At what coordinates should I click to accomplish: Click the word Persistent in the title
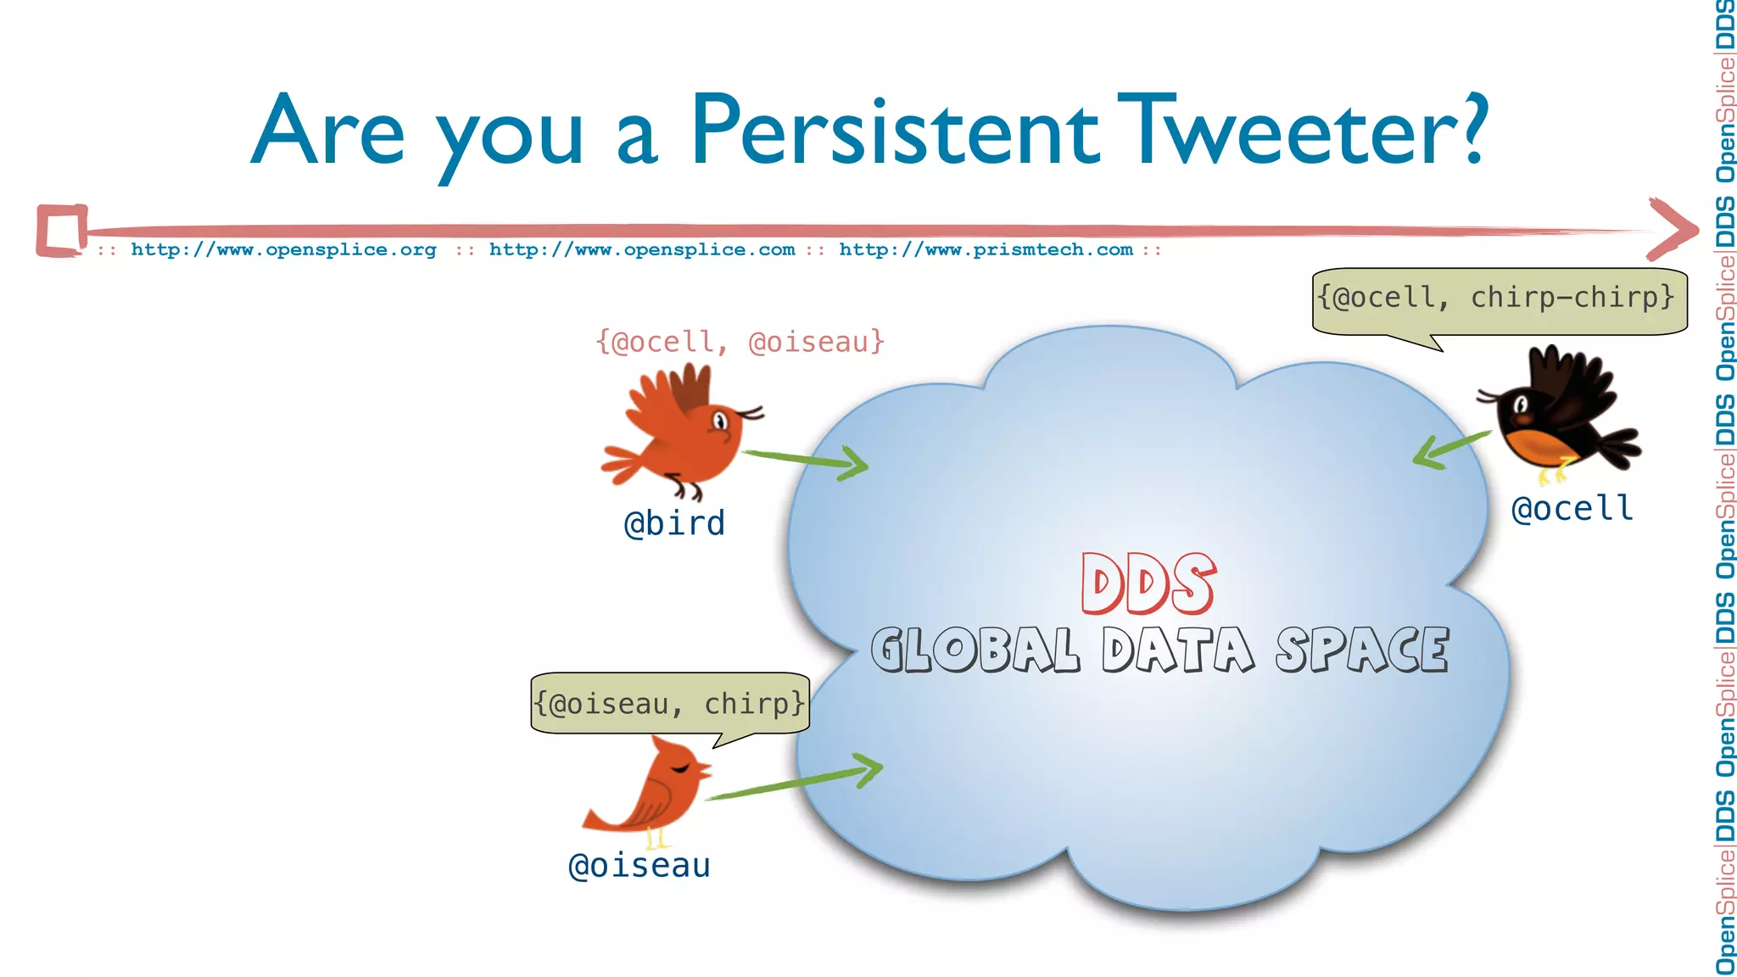(895, 131)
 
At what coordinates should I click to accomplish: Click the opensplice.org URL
(283, 249)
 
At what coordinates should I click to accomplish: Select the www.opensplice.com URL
(642, 249)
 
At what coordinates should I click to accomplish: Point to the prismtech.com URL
(986, 249)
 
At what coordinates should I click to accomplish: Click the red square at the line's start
(61, 230)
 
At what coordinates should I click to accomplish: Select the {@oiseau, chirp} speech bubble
(669, 704)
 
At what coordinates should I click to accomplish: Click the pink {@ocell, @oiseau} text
(740, 342)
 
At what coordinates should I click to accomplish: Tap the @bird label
(674, 523)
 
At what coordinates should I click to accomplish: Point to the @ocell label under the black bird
(1572, 509)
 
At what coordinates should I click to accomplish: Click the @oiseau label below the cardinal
(640, 866)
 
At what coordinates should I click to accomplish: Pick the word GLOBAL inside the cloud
(975, 650)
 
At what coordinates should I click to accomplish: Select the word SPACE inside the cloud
(1362, 650)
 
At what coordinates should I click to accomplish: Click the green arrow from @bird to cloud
(806, 460)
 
